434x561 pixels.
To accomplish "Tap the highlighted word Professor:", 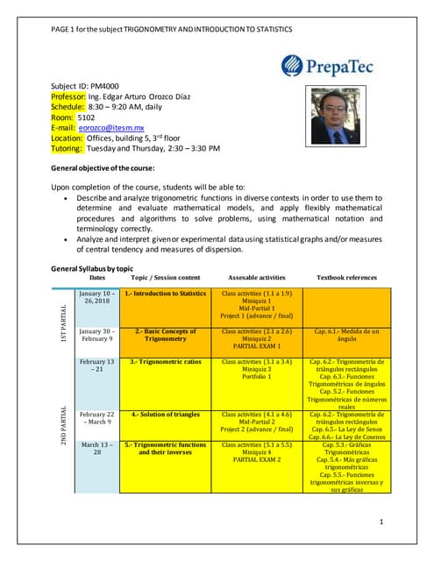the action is tap(68, 97).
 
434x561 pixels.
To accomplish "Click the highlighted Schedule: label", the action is tap(68, 107).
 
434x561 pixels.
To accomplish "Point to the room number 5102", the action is tap(87, 117).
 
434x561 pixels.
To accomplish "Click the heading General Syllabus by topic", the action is tap(92, 268).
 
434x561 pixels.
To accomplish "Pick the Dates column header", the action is tap(97, 277).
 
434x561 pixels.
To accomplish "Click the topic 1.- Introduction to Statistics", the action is tap(165, 294).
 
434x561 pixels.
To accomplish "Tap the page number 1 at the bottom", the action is tap(382, 522).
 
